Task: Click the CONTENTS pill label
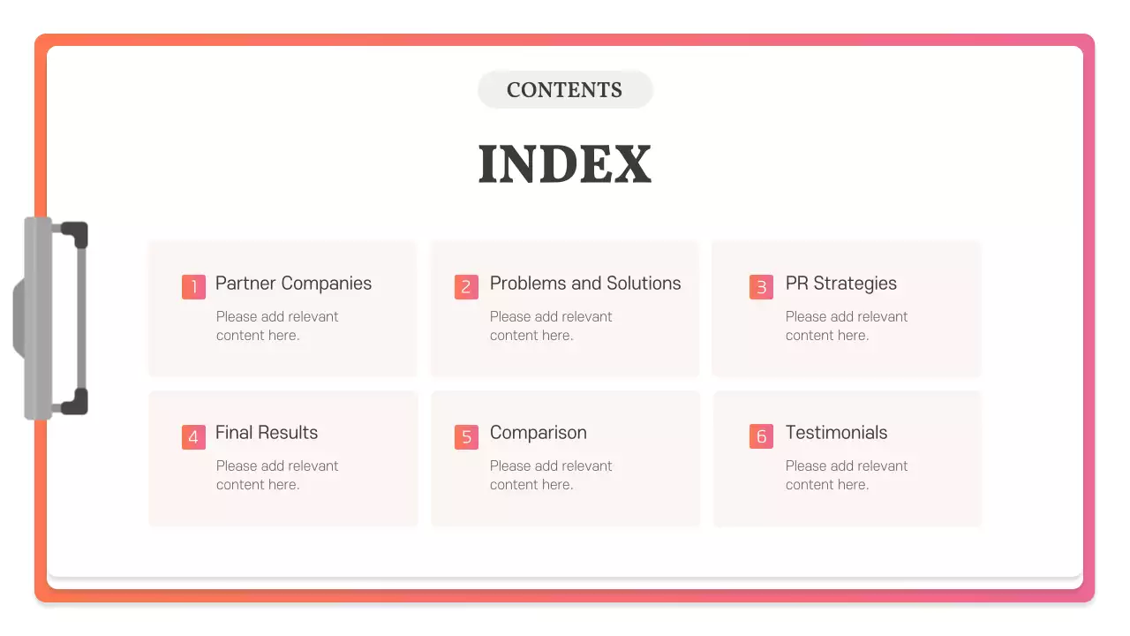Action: (x=564, y=90)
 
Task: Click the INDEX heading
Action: (x=564, y=164)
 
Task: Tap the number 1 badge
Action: (x=193, y=287)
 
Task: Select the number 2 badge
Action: (x=466, y=287)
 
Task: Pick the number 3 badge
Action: (x=761, y=287)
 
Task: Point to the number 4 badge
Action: (x=193, y=437)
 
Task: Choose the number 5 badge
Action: (x=466, y=437)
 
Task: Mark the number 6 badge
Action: (x=761, y=437)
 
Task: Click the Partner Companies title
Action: (x=293, y=284)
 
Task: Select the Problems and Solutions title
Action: (x=585, y=284)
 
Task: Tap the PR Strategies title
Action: (x=840, y=284)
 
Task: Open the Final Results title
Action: (x=267, y=433)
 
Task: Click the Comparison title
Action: (x=538, y=433)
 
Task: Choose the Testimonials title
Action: (x=836, y=433)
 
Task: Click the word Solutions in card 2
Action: (x=643, y=284)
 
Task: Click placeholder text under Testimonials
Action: (x=846, y=475)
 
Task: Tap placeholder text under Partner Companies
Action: (x=276, y=326)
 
